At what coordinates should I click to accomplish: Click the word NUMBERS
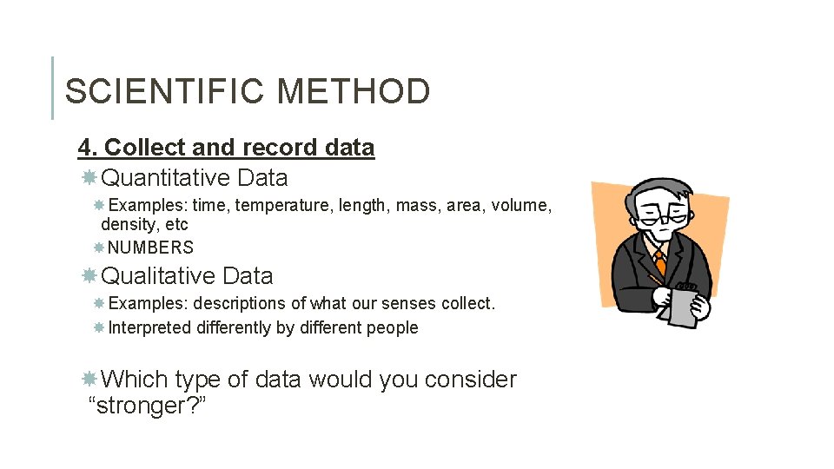click(x=150, y=248)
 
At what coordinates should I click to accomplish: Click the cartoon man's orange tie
click(x=660, y=261)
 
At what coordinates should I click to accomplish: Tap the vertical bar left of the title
click(x=52, y=88)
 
